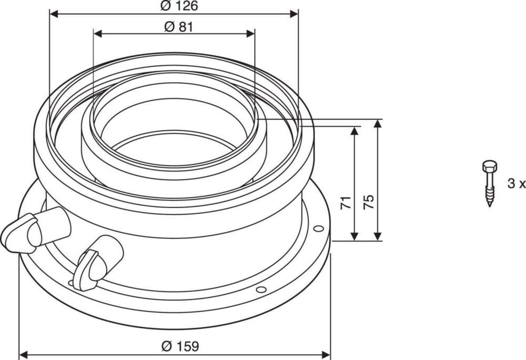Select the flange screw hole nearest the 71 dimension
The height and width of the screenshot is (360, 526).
pos(317,228)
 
